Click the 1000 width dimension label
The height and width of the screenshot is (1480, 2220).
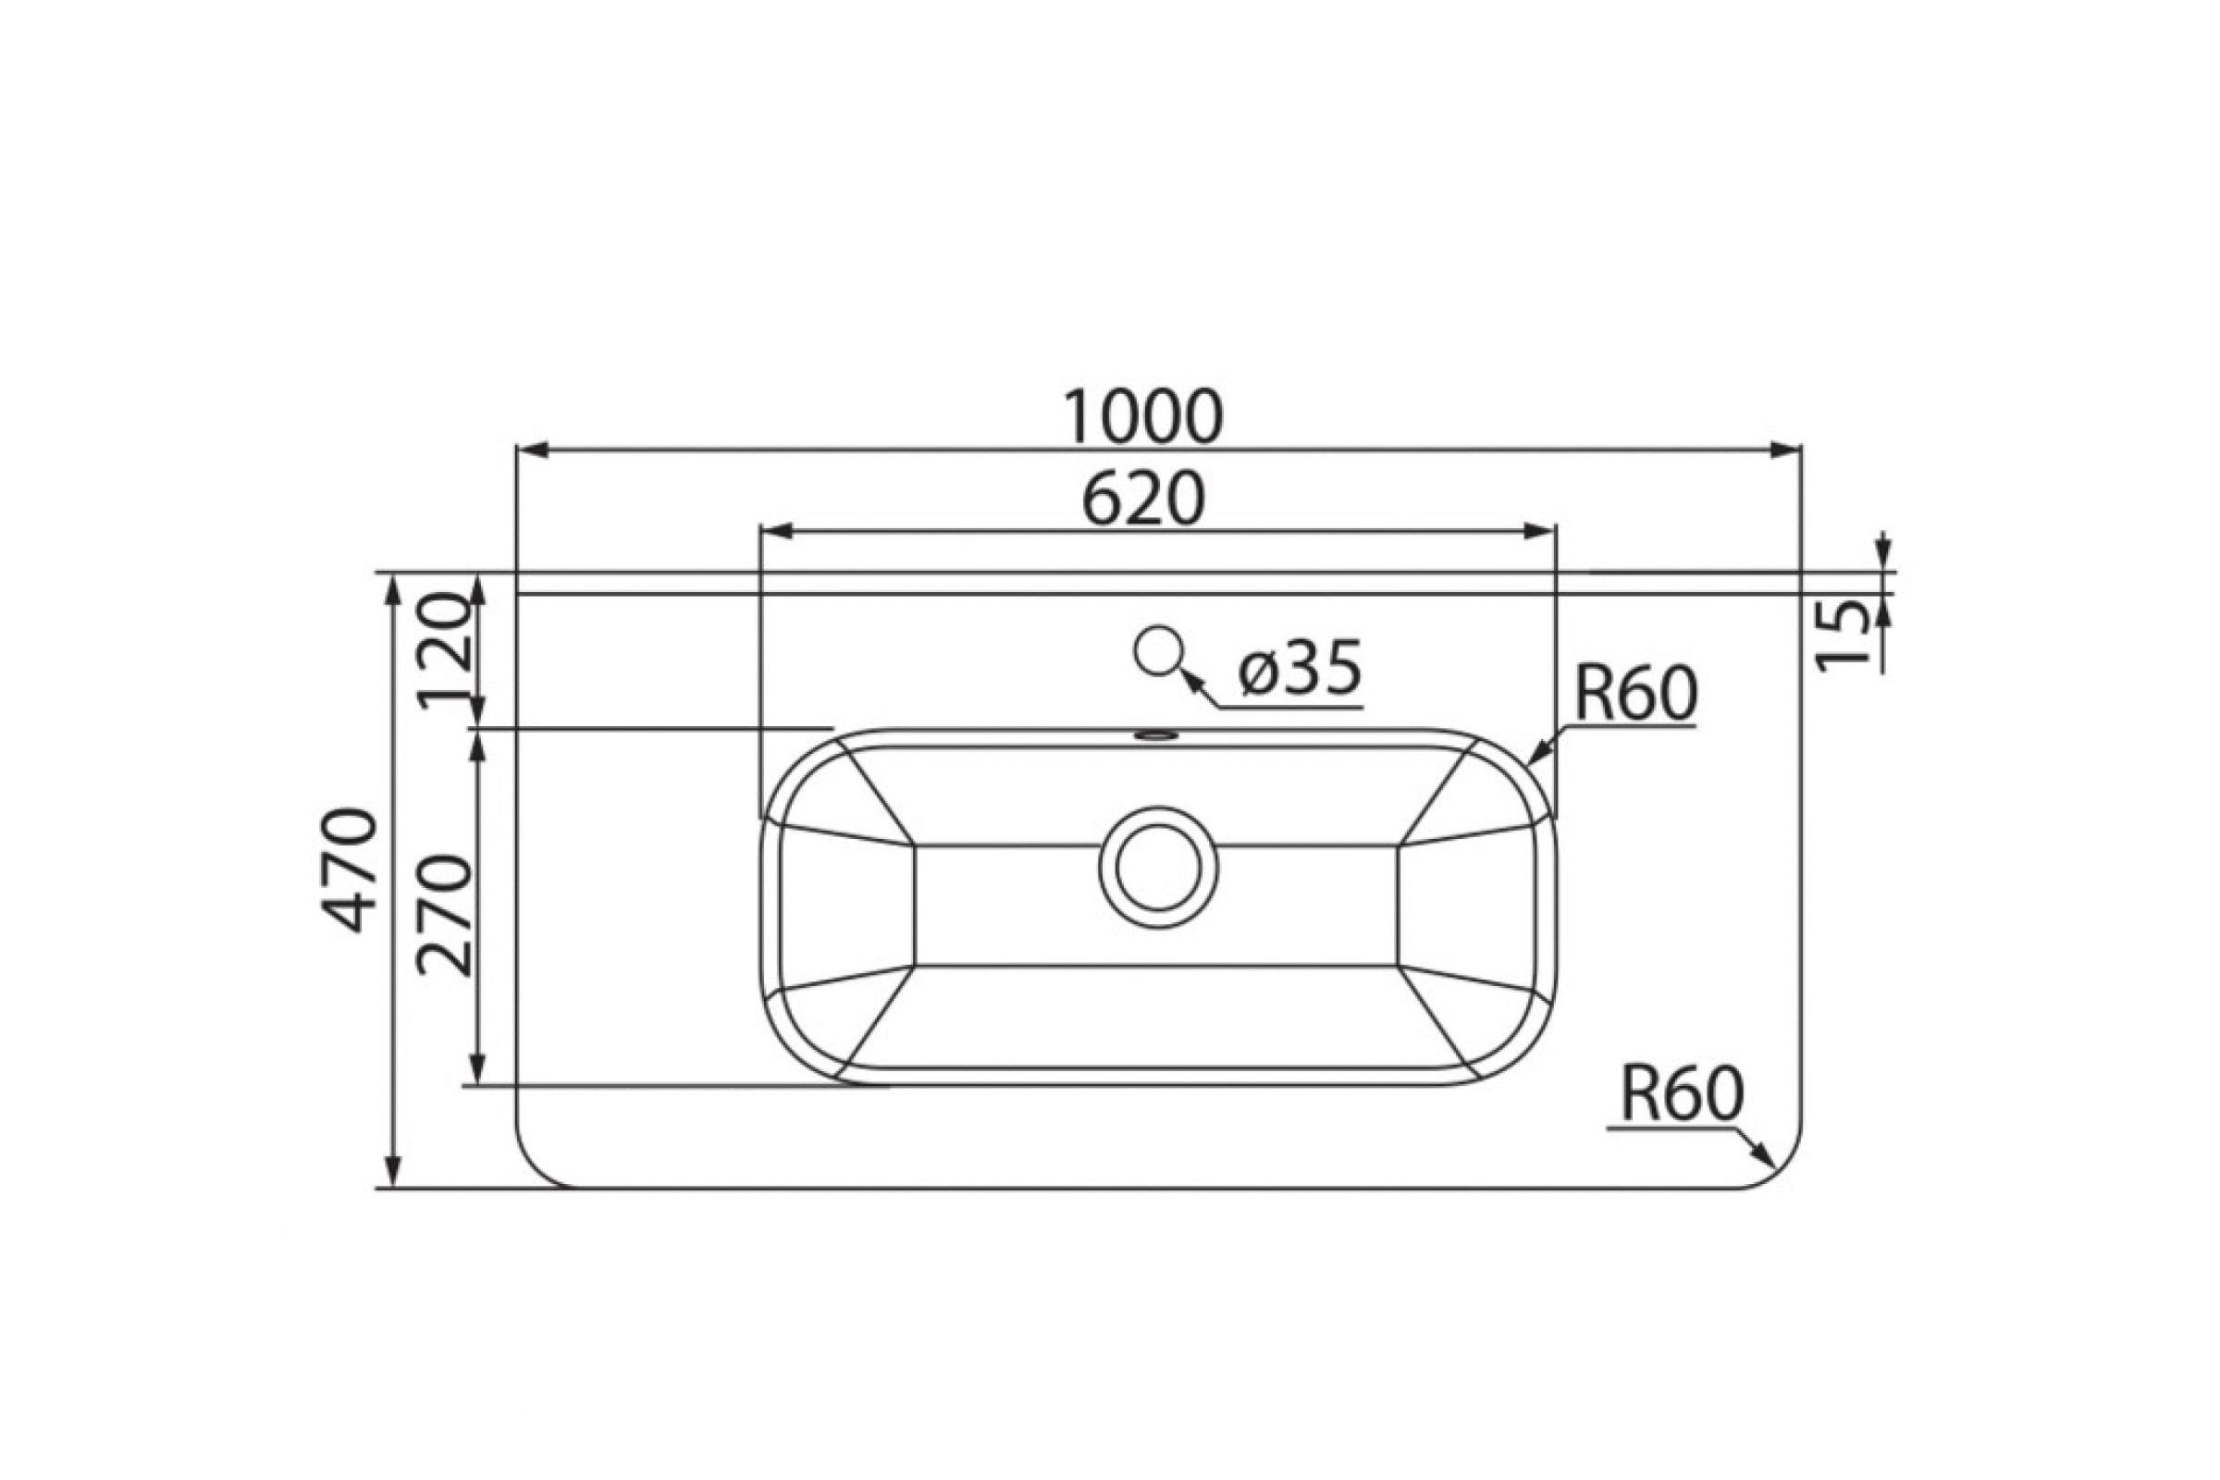coord(1143,417)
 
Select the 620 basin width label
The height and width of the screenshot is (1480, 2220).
coord(1143,499)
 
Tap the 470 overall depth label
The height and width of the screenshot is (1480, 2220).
coord(351,870)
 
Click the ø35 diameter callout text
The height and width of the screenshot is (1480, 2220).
coord(1300,668)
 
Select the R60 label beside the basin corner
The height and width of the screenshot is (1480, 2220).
coord(1634,694)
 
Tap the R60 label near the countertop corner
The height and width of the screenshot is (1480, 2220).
coord(1682,1093)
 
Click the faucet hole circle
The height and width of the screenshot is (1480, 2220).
coord(1158,650)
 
